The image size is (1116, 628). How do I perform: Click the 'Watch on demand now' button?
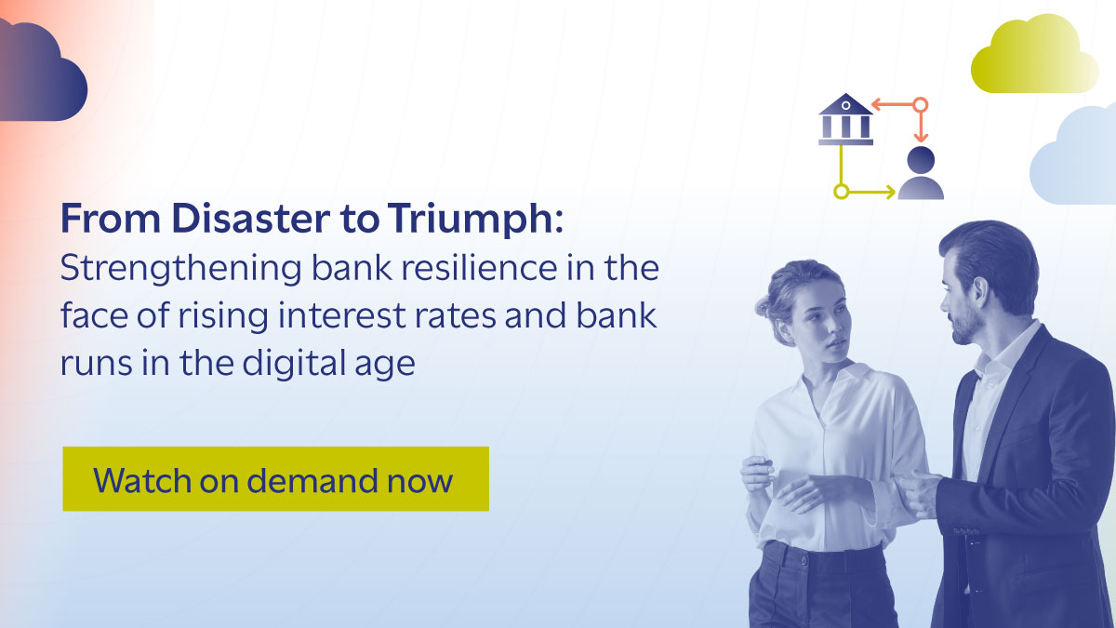[275, 479]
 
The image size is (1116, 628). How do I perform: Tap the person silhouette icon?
[921, 174]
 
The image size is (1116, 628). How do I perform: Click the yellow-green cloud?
[1032, 58]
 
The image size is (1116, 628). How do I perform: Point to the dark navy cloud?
[42, 74]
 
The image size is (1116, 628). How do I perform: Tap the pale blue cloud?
[1079, 158]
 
